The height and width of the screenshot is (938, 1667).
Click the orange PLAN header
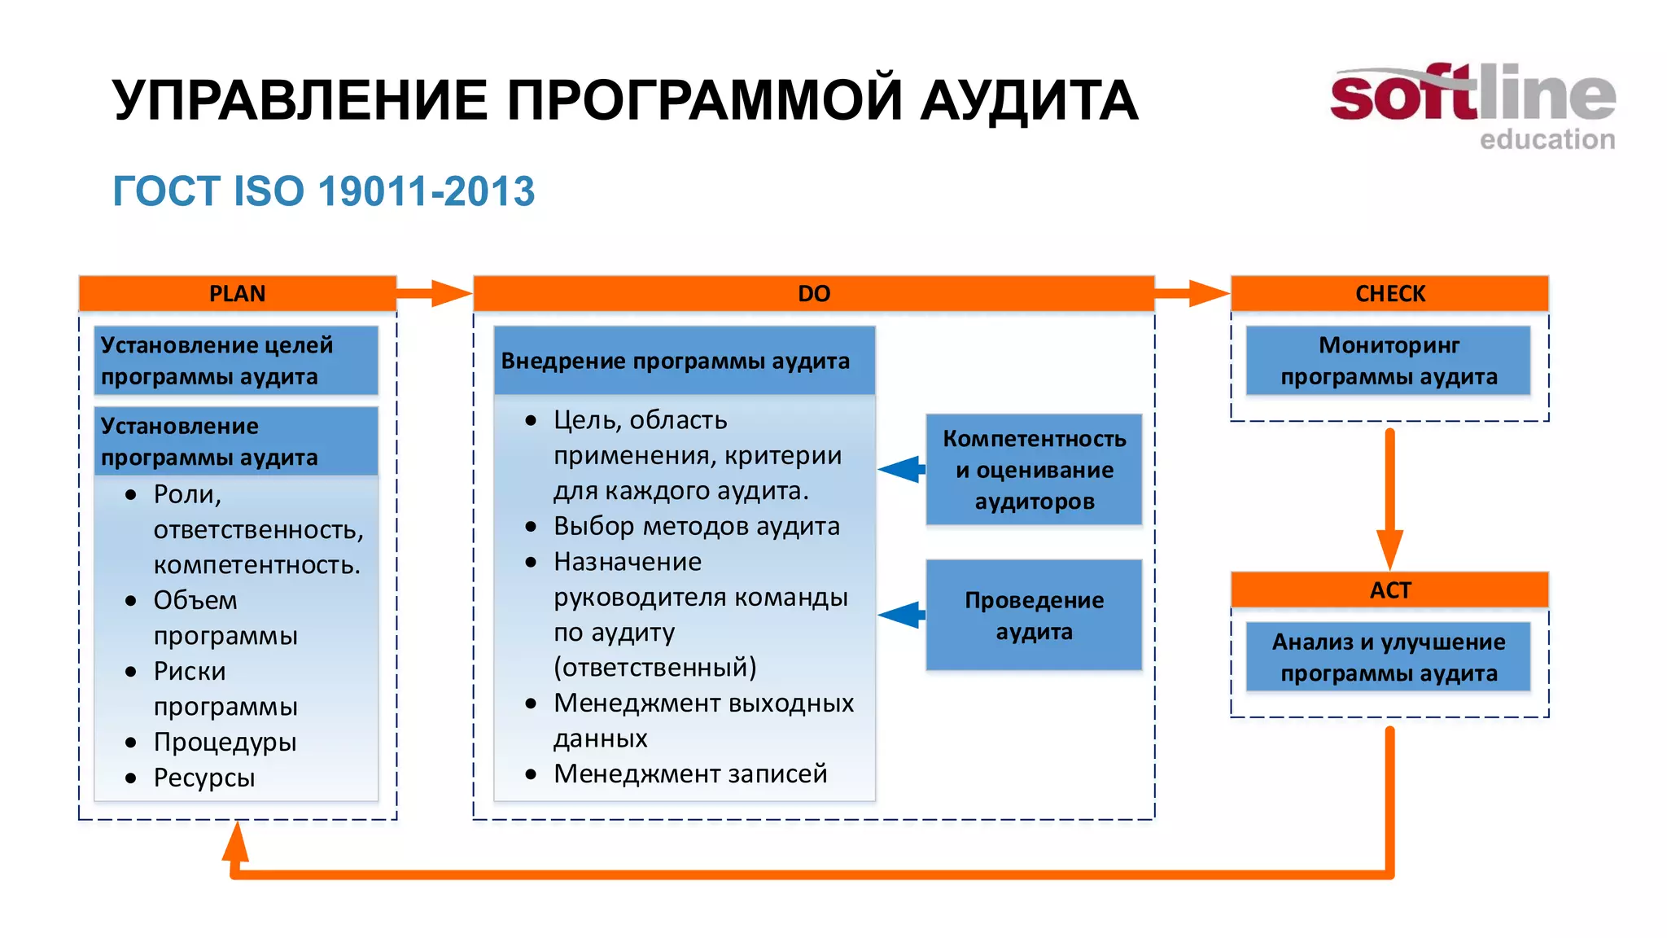point(237,293)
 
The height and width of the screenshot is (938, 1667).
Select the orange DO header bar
point(813,293)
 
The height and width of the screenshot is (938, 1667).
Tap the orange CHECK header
point(1389,293)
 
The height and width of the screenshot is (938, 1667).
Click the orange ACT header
point(1389,590)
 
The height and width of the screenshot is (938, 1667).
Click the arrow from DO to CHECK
point(1192,293)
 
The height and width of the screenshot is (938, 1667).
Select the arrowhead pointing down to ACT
point(1389,549)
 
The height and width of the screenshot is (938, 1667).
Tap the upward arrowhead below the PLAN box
point(235,844)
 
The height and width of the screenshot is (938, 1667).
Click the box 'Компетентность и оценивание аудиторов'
point(1034,470)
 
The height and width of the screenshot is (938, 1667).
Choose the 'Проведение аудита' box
point(1034,616)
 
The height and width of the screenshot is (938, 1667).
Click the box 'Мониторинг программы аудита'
point(1388,361)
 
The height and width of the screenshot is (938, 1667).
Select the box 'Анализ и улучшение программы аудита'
point(1388,657)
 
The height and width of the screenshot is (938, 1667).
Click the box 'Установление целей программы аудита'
point(236,361)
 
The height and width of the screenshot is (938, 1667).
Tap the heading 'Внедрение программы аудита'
point(675,361)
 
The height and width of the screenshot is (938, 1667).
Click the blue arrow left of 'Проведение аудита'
point(902,615)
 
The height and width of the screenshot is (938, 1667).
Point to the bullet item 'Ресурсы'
point(204,778)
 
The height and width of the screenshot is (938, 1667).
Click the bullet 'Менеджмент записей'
point(690,774)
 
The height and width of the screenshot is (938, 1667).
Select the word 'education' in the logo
point(1547,140)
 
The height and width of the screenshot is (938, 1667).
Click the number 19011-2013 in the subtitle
point(427,192)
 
